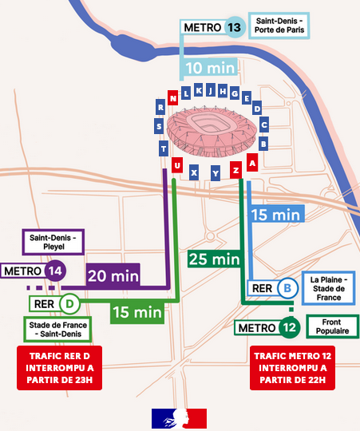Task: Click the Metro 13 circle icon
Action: [x=234, y=26]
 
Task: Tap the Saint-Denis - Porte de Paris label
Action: [x=278, y=26]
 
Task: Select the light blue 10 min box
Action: [x=209, y=69]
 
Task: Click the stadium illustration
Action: [x=212, y=129]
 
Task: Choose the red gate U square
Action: [x=176, y=166]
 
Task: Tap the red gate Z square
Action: [x=235, y=170]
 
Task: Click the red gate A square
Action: [x=252, y=163]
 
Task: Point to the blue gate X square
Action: [x=194, y=172]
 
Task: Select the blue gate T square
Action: [x=163, y=148]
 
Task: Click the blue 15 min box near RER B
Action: [x=275, y=215]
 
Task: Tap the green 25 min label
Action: [x=214, y=259]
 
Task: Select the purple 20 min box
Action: [x=113, y=275]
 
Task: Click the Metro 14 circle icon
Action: [x=54, y=271]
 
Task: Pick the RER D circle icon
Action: [x=70, y=303]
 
